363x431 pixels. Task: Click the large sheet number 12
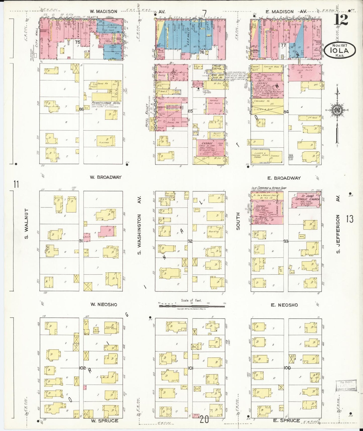(x=341, y=20)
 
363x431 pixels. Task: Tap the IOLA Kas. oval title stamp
(x=340, y=51)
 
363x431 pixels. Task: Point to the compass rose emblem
(x=337, y=110)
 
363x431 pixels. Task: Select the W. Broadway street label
(x=106, y=177)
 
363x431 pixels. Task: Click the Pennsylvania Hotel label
(x=106, y=103)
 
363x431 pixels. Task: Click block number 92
(x=190, y=241)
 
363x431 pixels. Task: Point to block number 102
(x=82, y=368)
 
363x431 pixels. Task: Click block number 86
(x=81, y=109)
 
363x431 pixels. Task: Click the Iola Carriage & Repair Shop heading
(x=269, y=188)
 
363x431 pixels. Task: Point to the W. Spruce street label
(x=105, y=420)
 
